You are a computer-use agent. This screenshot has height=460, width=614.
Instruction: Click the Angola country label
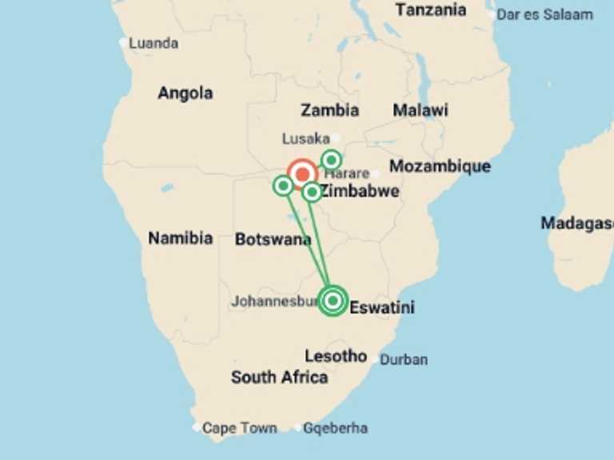tap(185, 93)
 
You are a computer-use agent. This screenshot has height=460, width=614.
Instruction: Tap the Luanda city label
tap(153, 43)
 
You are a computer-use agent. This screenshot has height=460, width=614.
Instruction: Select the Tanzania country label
tap(431, 10)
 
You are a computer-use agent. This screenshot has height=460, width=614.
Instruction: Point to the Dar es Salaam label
tap(544, 14)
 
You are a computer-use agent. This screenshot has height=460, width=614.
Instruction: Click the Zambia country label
tap(329, 110)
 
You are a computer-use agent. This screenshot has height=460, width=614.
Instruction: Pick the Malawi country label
tap(421, 110)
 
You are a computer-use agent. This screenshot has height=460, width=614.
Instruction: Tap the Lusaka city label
tap(305, 139)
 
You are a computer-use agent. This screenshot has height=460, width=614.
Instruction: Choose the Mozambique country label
tap(440, 166)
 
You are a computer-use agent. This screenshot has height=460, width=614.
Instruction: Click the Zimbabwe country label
tap(360, 192)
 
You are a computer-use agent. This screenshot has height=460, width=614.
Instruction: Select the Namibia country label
tap(180, 238)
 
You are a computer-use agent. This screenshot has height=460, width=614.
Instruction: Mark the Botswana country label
tap(273, 238)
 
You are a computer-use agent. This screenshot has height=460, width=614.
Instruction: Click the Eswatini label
tap(382, 307)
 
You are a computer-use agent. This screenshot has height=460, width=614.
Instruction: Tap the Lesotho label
tap(336, 356)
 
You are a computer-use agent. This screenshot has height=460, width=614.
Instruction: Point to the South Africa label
tap(279, 377)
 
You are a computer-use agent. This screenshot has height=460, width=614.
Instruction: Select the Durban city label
tap(403, 359)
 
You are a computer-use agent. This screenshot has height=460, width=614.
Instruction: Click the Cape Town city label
tap(239, 428)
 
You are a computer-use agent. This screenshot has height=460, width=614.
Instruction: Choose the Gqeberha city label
tap(335, 428)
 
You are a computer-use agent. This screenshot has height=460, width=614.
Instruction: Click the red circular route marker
tap(302, 173)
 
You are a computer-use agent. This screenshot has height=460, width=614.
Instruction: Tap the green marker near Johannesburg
tap(333, 301)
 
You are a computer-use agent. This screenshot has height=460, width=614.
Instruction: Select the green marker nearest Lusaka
tap(331, 160)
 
